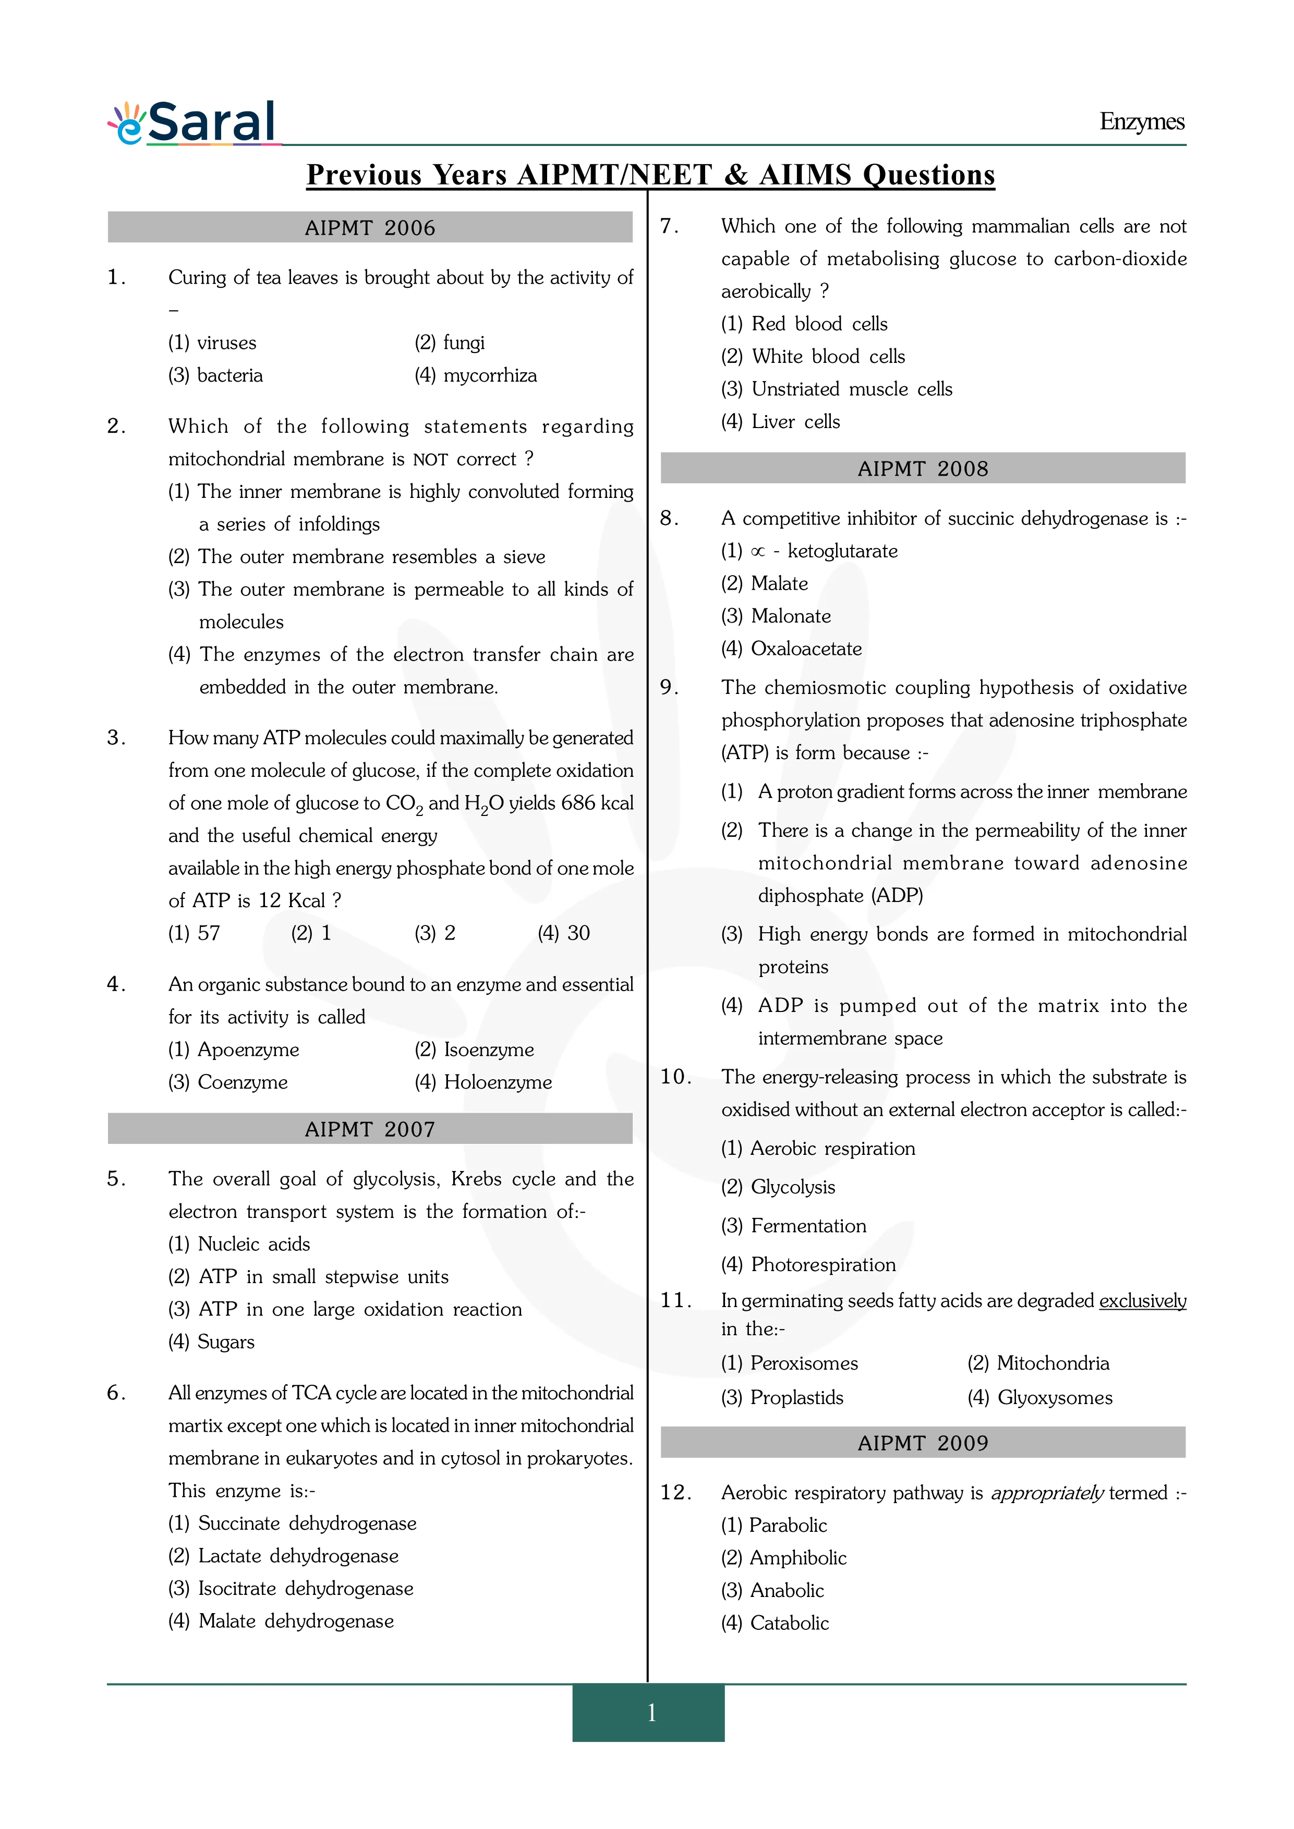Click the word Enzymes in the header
pyautogui.click(x=1141, y=122)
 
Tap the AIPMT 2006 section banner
pyautogui.click(x=370, y=228)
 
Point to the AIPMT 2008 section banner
pyautogui.click(x=923, y=468)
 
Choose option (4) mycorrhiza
pyautogui.click(x=476, y=375)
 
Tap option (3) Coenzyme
pyautogui.click(x=228, y=1082)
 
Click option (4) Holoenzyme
pyautogui.click(x=483, y=1082)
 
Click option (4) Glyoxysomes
pyautogui.click(x=1040, y=1398)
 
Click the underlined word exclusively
pyautogui.click(x=1143, y=1301)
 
